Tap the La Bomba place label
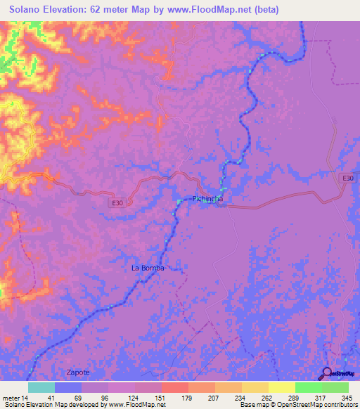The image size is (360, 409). (x=148, y=268)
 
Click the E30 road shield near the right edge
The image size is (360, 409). (x=347, y=178)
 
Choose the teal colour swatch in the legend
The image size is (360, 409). (x=41, y=387)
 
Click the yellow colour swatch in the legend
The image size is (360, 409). (x=281, y=387)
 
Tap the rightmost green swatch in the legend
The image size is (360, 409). (x=335, y=387)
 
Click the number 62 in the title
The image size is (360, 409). (x=110, y=10)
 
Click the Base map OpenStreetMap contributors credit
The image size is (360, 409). (x=298, y=404)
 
